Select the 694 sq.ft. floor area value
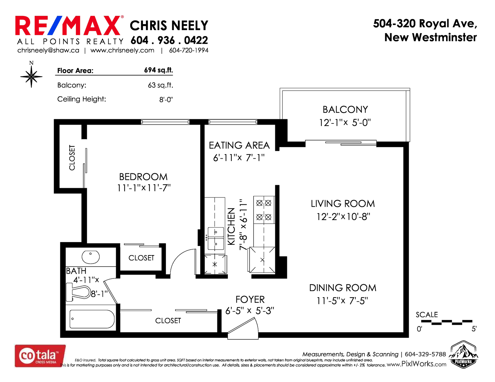pos(158,70)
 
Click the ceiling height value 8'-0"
pos(166,99)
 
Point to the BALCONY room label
pos(345,110)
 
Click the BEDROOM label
pos(143,177)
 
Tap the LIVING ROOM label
pos(343,204)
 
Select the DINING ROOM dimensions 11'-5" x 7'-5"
pos(342,301)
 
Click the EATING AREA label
pos(239,146)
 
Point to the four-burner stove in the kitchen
pos(264,210)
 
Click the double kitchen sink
pos(216,239)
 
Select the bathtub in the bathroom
pos(92,319)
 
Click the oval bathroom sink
pos(91,257)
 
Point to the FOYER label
pos(250,299)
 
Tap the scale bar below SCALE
pos(446,322)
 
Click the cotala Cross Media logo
pos(40,356)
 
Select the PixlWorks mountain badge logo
pos(463,355)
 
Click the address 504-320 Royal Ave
pos(425,24)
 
